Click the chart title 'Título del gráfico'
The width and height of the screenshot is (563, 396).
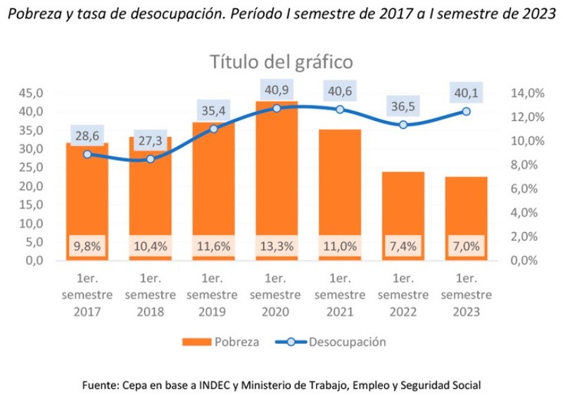[281, 62]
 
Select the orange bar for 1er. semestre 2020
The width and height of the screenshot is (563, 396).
[276, 176]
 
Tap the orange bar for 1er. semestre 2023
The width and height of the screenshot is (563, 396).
[466, 211]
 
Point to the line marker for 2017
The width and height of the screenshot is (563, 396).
[87, 154]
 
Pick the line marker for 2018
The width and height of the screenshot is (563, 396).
[150, 159]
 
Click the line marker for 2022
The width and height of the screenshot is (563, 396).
[403, 124]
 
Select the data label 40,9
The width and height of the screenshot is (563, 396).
[276, 89]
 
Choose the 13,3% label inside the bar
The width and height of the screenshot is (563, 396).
[276, 246]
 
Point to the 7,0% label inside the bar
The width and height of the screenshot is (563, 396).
[466, 246]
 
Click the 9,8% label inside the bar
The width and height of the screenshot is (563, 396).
[87, 246]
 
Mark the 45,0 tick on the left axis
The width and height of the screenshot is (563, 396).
[34, 93]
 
